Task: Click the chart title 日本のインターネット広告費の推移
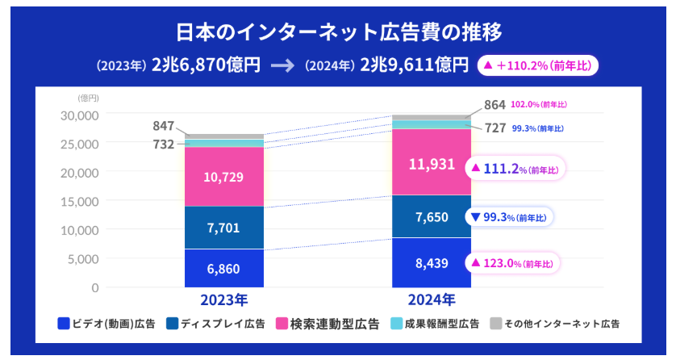click(338, 31)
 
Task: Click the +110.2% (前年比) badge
click(537, 65)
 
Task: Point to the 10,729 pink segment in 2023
click(223, 177)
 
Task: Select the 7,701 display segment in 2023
click(223, 228)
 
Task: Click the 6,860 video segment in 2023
click(223, 268)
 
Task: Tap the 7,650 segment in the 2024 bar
click(432, 216)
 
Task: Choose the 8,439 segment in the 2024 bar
click(432, 262)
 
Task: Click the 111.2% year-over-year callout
click(515, 168)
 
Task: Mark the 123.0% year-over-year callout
click(514, 262)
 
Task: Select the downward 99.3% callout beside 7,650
click(510, 217)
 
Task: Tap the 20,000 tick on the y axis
click(79, 172)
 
